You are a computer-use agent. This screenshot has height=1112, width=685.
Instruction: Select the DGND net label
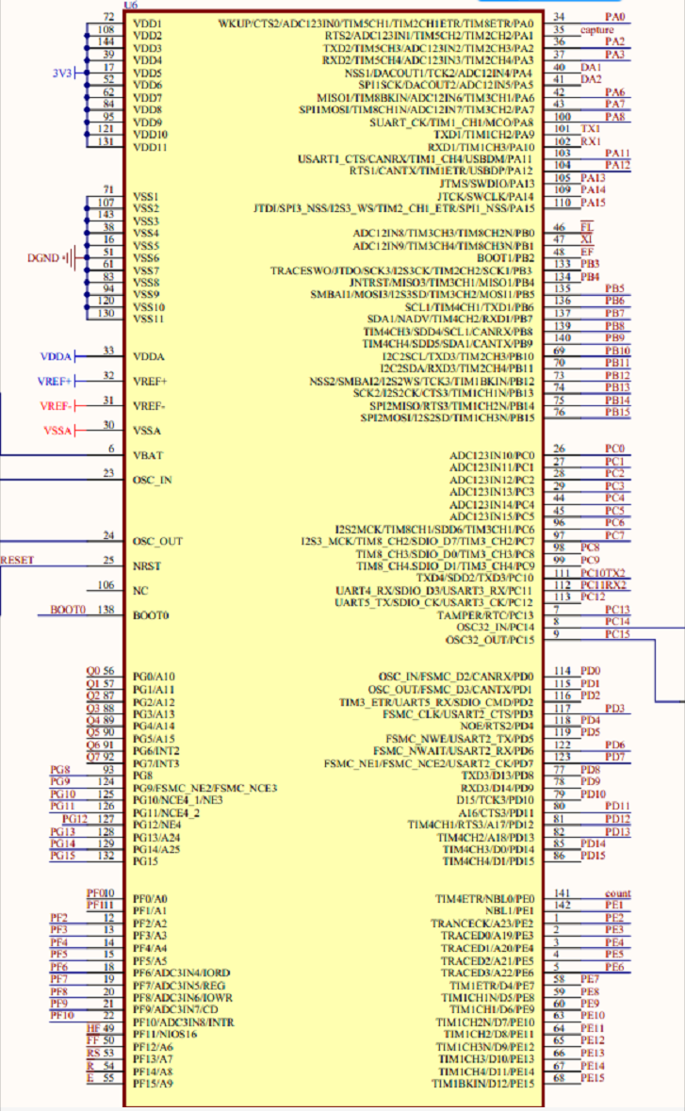tap(44, 256)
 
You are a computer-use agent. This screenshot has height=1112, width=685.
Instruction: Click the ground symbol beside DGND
tap(69, 256)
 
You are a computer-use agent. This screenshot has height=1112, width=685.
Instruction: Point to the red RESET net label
tap(17, 560)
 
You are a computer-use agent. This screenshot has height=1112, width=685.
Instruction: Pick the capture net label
tap(596, 30)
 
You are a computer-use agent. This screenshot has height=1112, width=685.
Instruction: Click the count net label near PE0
tap(618, 893)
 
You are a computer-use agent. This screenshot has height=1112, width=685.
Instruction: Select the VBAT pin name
tap(148, 455)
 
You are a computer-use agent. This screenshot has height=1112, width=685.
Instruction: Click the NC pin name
tap(141, 591)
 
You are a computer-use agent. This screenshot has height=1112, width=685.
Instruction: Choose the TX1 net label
tap(592, 129)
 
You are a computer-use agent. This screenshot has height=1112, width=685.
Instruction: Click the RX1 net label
tap(592, 141)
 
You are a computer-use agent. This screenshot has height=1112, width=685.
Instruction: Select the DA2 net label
tap(592, 79)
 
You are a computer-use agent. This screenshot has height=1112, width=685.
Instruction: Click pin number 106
tap(106, 585)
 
